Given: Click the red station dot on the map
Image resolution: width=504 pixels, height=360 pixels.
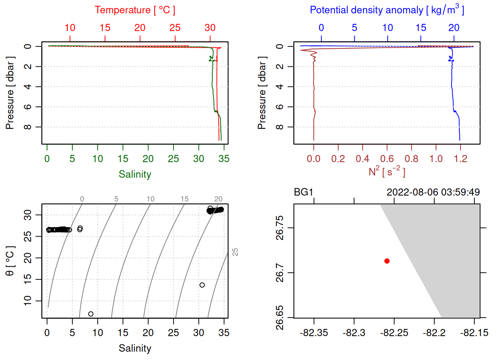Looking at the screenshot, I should coord(387,261).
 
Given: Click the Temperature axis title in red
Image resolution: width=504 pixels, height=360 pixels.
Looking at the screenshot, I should coord(135,10).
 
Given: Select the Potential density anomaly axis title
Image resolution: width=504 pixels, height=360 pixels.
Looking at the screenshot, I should coord(387,10).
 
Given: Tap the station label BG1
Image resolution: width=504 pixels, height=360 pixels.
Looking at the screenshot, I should coord(303,192).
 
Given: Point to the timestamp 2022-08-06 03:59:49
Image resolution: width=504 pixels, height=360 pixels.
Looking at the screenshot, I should coord(433,192).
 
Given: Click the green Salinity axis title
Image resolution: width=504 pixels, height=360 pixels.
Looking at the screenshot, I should coord(135,174).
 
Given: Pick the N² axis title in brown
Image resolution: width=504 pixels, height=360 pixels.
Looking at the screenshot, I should coord(387,172).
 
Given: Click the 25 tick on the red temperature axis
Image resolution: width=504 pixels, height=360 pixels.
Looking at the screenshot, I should coord(175,28).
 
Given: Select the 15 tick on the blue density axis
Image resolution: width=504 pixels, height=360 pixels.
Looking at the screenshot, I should coord(421,28).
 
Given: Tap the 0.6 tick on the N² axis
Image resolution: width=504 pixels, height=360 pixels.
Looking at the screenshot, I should coord(387,159).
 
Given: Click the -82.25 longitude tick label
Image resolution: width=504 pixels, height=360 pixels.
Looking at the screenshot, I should coord(394,333).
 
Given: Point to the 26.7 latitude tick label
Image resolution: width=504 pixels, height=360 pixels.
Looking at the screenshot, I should coord(280,273).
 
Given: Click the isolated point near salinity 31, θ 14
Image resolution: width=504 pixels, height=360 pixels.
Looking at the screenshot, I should coord(202,285).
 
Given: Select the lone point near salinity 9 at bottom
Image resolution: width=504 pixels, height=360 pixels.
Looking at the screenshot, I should coord(91,314).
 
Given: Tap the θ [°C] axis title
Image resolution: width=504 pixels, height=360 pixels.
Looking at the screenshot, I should coord(10,261).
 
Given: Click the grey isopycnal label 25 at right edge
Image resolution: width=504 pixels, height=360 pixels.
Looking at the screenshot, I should coord(235,252).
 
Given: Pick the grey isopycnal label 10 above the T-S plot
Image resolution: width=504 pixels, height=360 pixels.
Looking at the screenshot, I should coord(150,199).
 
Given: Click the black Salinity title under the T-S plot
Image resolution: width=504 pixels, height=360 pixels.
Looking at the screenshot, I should coord(135,348).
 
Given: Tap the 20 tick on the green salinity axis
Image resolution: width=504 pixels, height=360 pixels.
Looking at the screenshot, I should coord(148,159).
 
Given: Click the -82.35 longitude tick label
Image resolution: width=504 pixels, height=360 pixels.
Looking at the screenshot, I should coord(314,333).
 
